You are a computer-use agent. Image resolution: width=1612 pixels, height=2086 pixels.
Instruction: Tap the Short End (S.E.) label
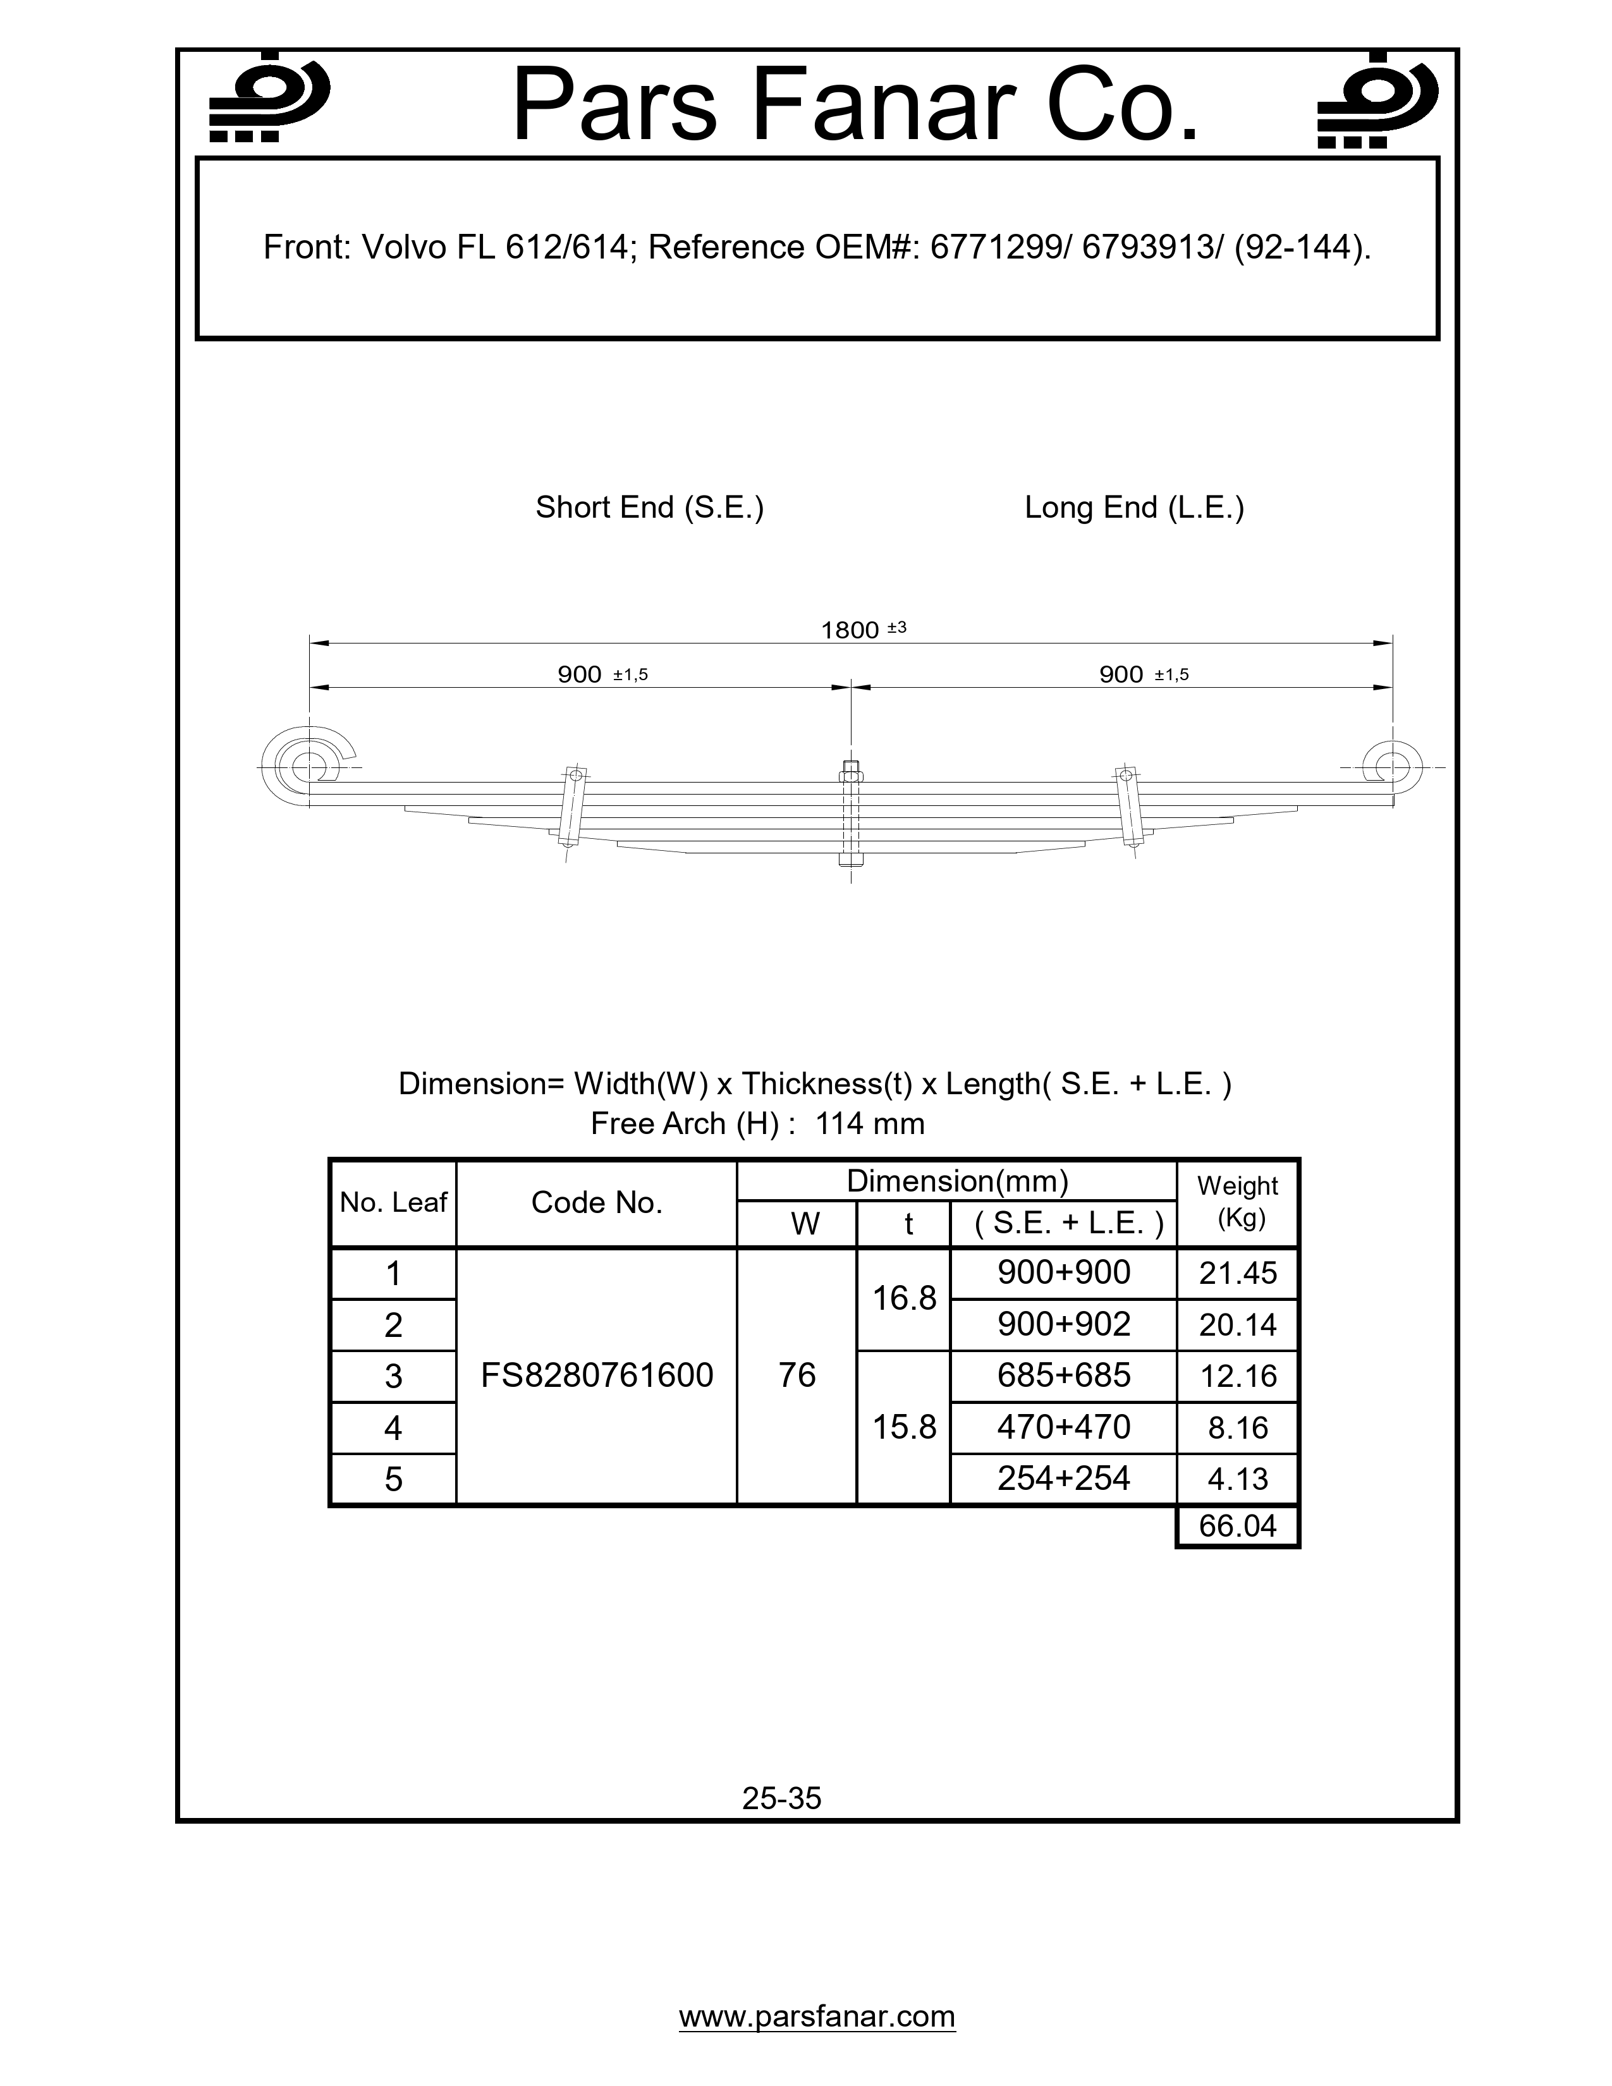[x=649, y=507]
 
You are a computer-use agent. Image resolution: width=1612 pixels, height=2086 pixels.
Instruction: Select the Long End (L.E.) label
[x=1133, y=507]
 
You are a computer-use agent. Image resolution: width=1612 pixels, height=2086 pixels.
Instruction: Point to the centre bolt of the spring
[x=851, y=814]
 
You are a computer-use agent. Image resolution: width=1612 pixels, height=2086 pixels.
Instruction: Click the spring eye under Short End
[x=307, y=766]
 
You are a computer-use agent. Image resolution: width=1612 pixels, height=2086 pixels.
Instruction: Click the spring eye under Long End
[x=1391, y=766]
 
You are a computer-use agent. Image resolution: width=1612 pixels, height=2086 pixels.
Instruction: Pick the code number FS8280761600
[x=597, y=1375]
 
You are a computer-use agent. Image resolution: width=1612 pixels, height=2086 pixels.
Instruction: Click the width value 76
[x=797, y=1375]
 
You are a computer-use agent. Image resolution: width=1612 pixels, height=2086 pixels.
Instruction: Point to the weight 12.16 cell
[x=1238, y=1376]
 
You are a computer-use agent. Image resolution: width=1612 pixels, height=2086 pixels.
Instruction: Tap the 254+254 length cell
[x=1063, y=1479]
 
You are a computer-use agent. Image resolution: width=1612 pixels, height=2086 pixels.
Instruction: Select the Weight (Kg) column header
[x=1238, y=1202]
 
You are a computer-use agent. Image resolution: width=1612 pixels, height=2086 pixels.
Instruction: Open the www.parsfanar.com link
[x=817, y=2016]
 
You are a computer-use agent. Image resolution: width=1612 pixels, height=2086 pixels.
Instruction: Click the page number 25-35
[x=781, y=1798]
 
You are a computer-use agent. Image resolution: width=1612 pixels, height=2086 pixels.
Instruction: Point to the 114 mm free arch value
[x=869, y=1123]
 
